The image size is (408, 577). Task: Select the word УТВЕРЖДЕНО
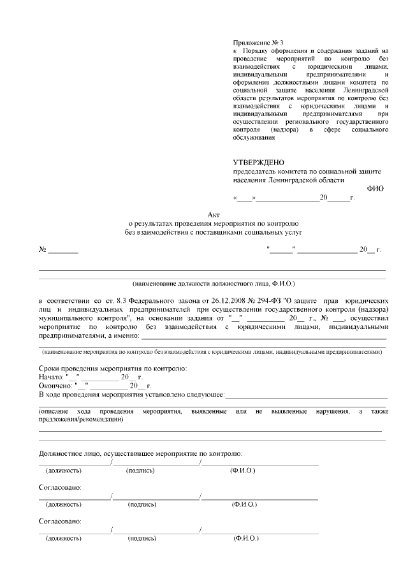(x=258, y=163)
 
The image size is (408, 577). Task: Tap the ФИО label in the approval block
(x=375, y=189)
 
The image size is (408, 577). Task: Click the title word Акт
(x=213, y=215)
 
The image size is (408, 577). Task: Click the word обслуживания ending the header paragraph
(x=253, y=138)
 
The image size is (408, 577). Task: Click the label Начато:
(x=51, y=377)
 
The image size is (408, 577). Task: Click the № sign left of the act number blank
(x=43, y=249)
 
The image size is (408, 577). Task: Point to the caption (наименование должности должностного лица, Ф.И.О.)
(x=213, y=282)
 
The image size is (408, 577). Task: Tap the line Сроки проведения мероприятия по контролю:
(x=113, y=369)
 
